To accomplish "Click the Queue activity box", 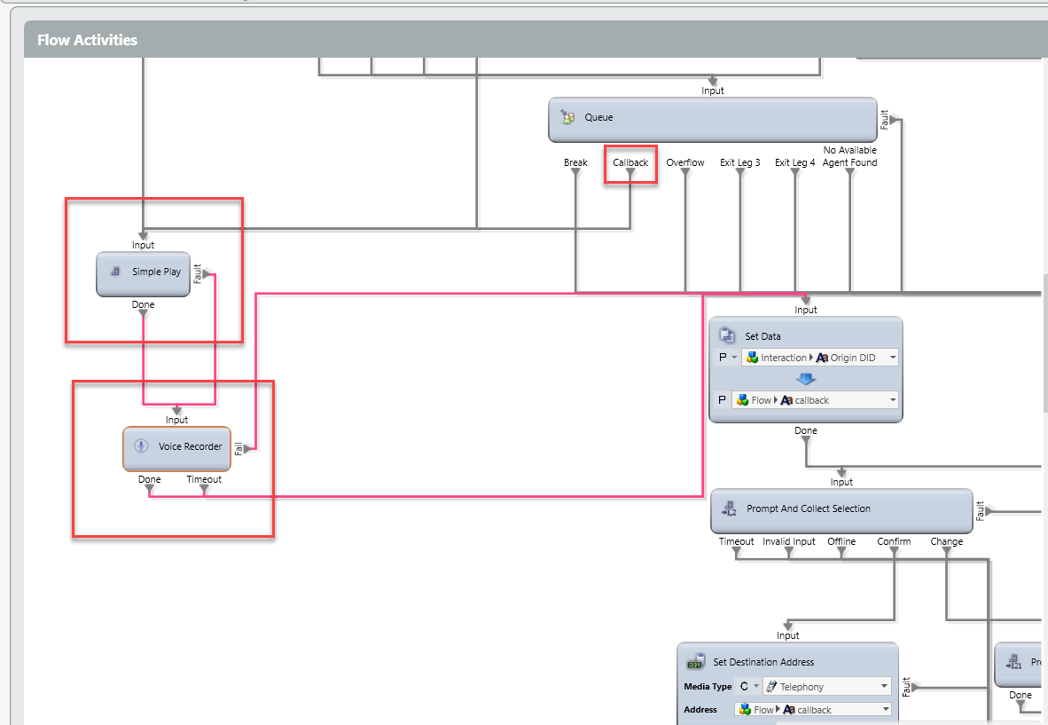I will click(712, 119).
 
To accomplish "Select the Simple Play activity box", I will click(143, 272).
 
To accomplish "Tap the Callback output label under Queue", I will click(630, 163).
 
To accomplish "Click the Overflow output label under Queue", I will click(685, 163).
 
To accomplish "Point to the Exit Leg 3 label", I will click(740, 163).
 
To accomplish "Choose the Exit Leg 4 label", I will click(795, 163).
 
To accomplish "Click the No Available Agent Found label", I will click(849, 157).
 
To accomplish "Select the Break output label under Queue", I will click(575, 163).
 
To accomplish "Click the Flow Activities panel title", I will click(87, 40).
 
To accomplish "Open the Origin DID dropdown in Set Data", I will click(892, 358).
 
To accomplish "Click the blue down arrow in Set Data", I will click(806, 379).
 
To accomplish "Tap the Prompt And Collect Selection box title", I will click(809, 509).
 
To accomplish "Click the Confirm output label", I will click(894, 542).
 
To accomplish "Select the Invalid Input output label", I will click(789, 542).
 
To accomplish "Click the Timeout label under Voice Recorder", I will click(204, 480).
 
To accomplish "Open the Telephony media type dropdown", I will click(884, 687).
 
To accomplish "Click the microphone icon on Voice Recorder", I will click(140, 446).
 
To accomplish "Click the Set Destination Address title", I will click(763, 663).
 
